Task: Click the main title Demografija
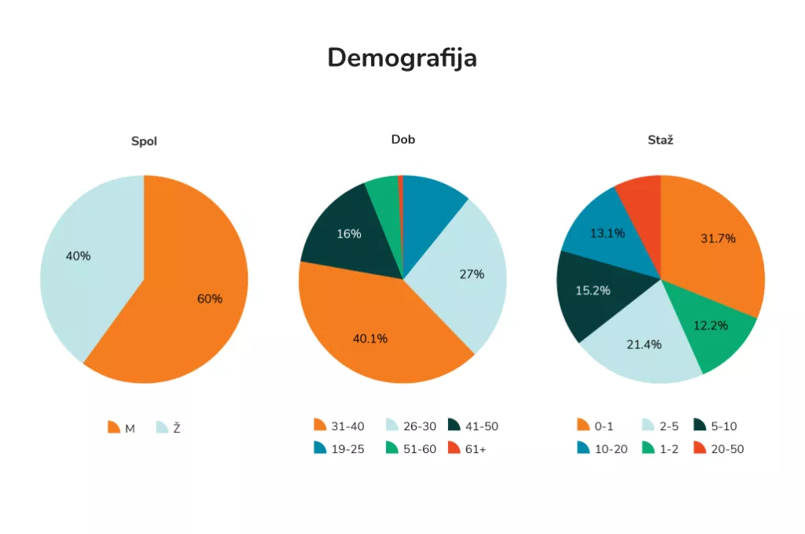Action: tap(402, 58)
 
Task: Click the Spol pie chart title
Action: tap(144, 142)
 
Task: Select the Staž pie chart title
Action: tap(660, 140)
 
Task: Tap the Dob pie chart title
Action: tap(402, 140)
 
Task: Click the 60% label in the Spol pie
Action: tap(210, 299)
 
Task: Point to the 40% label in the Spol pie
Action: tap(78, 256)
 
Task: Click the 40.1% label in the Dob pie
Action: tap(370, 339)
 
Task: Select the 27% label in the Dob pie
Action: tap(472, 274)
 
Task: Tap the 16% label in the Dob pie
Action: tap(348, 234)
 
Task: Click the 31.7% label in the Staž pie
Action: tap(718, 238)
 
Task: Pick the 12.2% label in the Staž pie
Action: tap(711, 325)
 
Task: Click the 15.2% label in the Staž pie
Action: tap(594, 290)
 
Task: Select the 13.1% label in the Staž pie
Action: tap(608, 233)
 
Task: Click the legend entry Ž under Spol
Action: tap(168, 428)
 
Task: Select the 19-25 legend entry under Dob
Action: tap(339, 449)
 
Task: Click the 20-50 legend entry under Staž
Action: tap(718, 449)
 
